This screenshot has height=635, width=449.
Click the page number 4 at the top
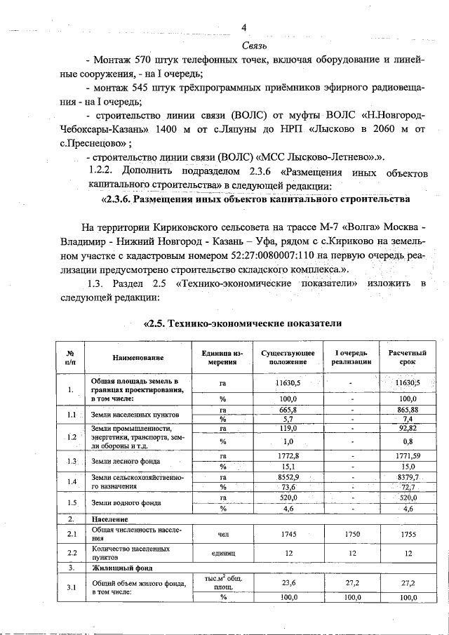click(x=243, y=28)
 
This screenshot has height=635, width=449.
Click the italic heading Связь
click(x=243, y=45)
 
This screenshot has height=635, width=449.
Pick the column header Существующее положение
click(x=288, y=356)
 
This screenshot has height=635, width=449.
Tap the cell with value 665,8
click(x=288, y=409)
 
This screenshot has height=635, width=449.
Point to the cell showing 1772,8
click(x=288, y=456)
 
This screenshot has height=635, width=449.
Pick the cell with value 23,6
click(x=288, y=582)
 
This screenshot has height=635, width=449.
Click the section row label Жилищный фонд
click(x=116, y=566)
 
